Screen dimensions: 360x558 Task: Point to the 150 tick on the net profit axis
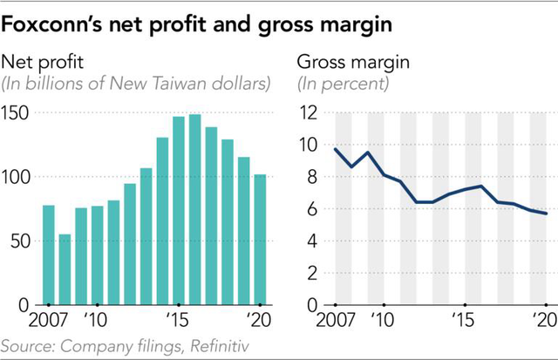click(x=17, y=112)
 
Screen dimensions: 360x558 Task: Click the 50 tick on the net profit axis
click(x=20, y=241)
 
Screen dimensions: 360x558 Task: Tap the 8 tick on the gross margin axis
click(x=310, y=177)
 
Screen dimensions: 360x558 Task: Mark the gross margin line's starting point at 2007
click(x=337, y=149)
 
